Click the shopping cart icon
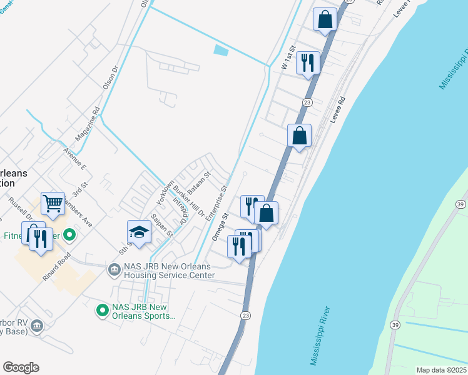[53, 203]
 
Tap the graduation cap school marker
[139, 232]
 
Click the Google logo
[21, 367]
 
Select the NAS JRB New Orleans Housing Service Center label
[170, 271]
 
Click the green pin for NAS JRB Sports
[101, 309]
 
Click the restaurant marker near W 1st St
[308, 62]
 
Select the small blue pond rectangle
[221, 50]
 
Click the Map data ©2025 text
[441, 370]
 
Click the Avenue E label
[74, 158]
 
